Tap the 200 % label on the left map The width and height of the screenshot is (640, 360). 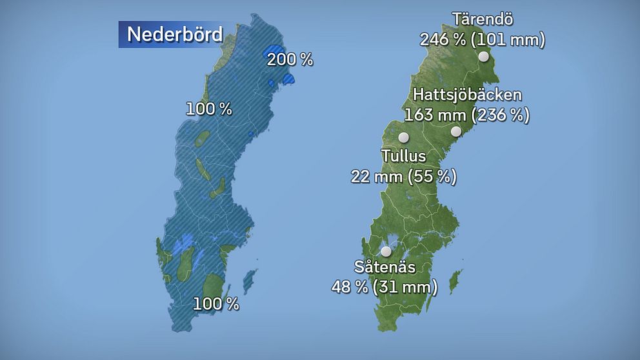(290, 60)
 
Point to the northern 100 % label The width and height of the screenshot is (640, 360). (208, 109)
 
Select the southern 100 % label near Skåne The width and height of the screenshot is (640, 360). (217, 303)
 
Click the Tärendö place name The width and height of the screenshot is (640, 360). (483, 18)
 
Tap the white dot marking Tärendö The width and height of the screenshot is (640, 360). (484, 57)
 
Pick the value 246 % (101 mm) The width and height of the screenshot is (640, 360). (483, 40)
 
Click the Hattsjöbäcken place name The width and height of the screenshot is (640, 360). (467, 95)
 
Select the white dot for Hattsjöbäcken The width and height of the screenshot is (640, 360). (456, 132)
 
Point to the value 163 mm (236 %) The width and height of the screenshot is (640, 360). (467, 115)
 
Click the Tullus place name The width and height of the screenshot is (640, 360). (403, 155)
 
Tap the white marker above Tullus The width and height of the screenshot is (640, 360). (404, 137)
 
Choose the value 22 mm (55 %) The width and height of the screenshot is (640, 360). (403, 175)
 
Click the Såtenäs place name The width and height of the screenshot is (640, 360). (384, 266)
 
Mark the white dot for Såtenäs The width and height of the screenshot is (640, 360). (386, 251)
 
